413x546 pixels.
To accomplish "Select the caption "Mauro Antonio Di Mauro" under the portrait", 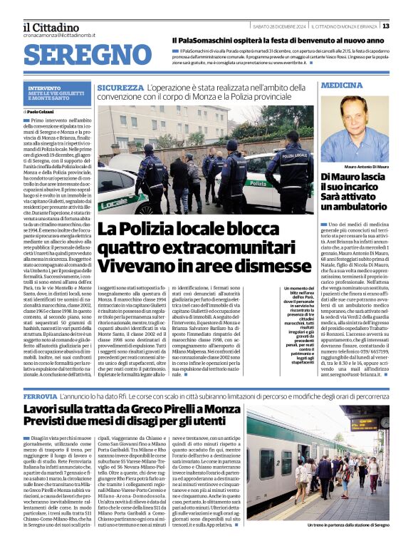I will (355, 166).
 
